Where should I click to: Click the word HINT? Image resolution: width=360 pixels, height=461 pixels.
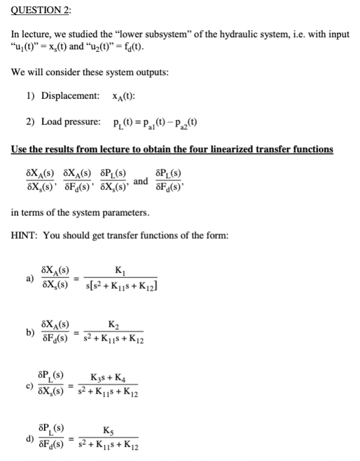[25, 235]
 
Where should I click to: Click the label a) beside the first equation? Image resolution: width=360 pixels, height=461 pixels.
[29, 278]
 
